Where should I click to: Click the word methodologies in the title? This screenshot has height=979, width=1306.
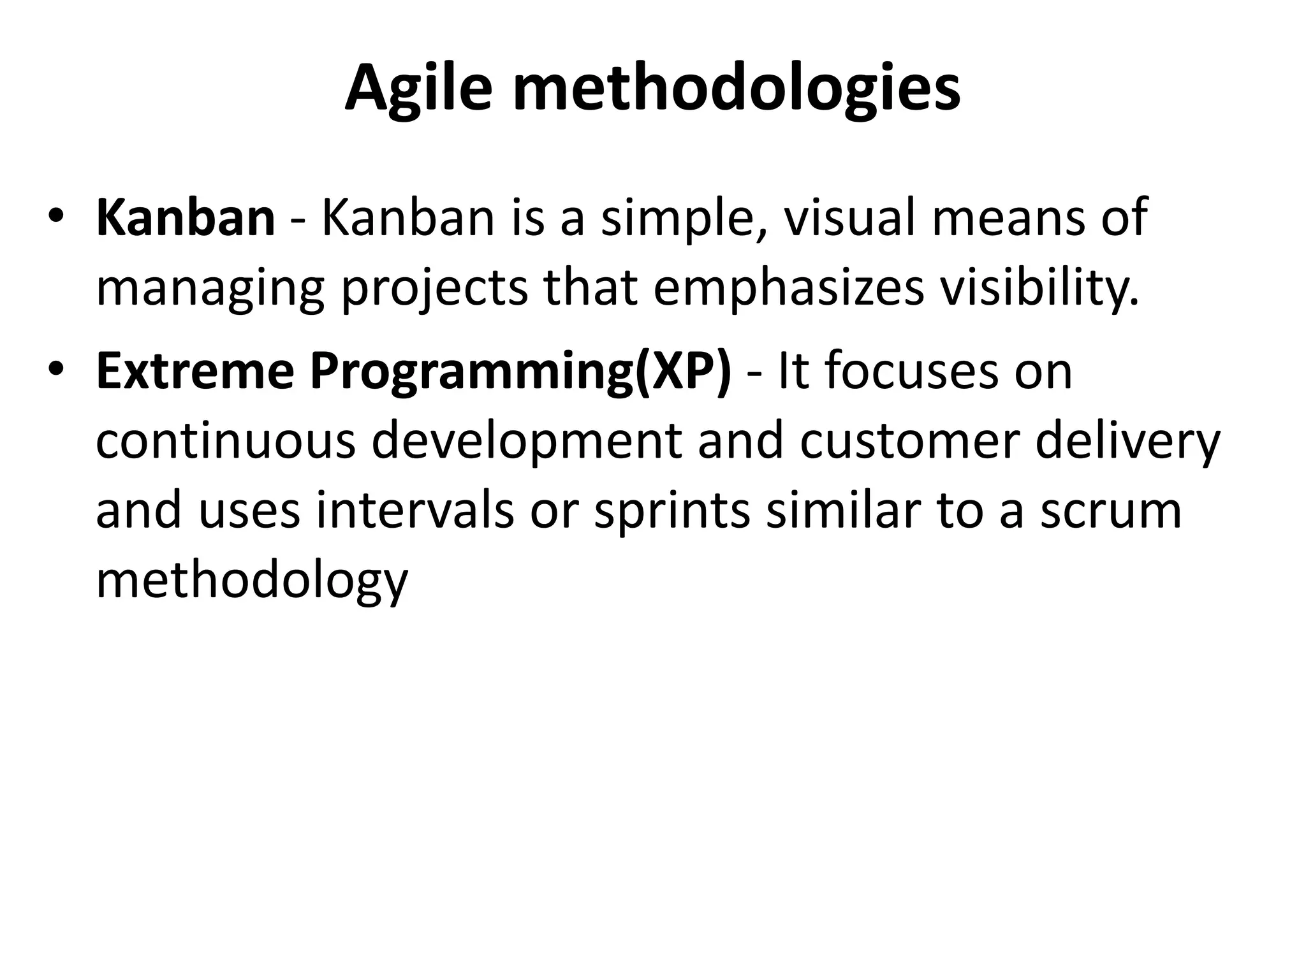[737, 89]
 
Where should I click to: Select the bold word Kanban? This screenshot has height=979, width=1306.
[185, 217]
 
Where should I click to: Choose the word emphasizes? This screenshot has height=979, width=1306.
[788, 288]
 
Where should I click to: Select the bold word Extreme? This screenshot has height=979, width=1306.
[194, 372]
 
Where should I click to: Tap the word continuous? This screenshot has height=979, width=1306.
[225, 441]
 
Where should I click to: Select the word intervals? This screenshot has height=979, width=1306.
[415, 511]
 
